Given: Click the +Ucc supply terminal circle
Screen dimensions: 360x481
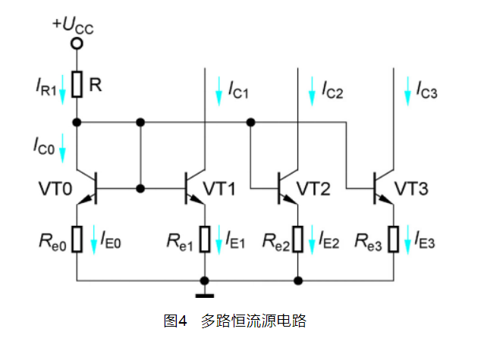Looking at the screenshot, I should (77, 43).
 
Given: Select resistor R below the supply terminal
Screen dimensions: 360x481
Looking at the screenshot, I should (77, 83).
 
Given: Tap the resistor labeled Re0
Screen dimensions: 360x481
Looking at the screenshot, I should (77, 240).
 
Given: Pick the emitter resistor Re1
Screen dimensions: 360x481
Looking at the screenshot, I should (205, 240).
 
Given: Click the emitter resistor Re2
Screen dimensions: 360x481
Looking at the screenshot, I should (299, 240).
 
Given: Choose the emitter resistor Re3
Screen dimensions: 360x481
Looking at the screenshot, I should (393, 240).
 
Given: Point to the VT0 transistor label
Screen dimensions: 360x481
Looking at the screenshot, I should (53, 187).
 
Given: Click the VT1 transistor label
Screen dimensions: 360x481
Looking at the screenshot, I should (223, 187).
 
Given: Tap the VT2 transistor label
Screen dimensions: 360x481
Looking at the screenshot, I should (313, 187).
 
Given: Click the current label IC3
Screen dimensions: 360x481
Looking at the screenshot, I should (426, 89).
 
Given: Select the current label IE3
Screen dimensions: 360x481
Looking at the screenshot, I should (425, 242).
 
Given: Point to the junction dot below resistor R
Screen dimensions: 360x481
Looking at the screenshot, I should (77, 121).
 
